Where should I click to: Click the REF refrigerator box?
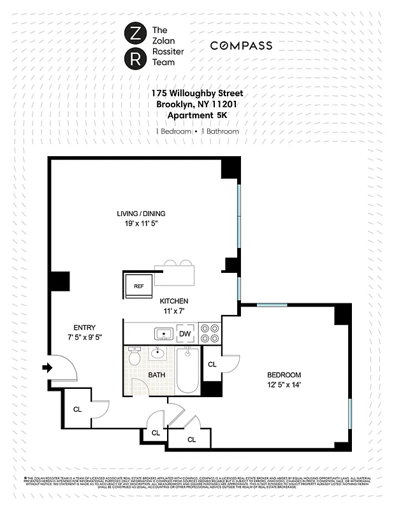coord(138,286)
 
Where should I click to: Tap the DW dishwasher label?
coord(184,333)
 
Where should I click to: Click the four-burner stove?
coord(210,333)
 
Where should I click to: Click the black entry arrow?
coord(48,367)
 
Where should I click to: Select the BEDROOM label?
coord(284,375)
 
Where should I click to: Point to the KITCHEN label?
coord(173,301)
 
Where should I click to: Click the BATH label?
coord(157,375)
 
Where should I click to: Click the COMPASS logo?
coord(241,45)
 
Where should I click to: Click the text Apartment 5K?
coord(197,115)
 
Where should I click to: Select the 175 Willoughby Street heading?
coord(197,93)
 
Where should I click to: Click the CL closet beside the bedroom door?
coord(212,364)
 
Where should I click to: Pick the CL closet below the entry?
coord(77,409)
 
